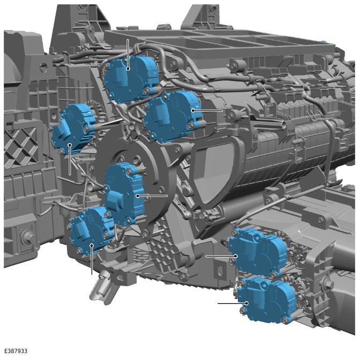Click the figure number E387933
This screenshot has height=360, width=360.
[16, 351]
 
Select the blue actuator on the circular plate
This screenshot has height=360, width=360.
[124, 193]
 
